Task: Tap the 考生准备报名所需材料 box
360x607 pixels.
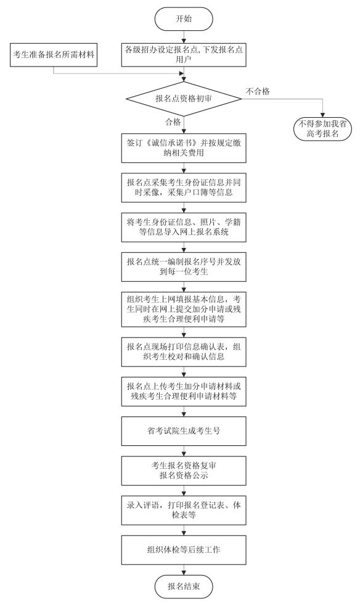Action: pyautogui.click(x=54, y=55)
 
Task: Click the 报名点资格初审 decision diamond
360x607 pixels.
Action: pyautogui.click(x=184, y=99)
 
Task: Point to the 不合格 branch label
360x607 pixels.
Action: pyautogui.click(x=258, y=91)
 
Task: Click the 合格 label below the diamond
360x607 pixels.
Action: pyautogui.click(x=173, y=122)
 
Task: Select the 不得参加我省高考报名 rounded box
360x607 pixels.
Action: pyautogui.click(x=322, y=130)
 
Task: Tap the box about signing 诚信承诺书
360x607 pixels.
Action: pyautogui.click(x=184, y=148)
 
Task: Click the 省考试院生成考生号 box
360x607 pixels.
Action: pyautogui.click(x=184, y=431)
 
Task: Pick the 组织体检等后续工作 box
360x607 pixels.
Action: pyautogui.click(x=184, y=550)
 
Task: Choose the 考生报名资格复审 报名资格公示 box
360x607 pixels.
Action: pyautogui.click(x=184, y=470)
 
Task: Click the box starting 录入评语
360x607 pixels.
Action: pyautogui.click(x=184, y=510)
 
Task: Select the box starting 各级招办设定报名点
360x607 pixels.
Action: pyautogui.click(x=184, y=54)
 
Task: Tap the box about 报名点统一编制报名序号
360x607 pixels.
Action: pyautogui.click(x=184, y=266)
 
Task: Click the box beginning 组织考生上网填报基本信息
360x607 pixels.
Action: pyautogui.click(x=184, y=309)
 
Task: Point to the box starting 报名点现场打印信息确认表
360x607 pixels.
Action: pyautogui.click(x=184, y=352)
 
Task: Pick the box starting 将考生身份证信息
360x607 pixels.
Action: pyautogui.click(x=184, y=227)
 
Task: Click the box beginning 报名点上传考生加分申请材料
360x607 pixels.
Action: pyautogui.click(x=184, y=391)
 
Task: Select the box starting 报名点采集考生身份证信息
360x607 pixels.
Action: pyautogui.click(x=184, y=188)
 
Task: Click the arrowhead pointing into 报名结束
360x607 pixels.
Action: pyautogui.click(x=184, y=572)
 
